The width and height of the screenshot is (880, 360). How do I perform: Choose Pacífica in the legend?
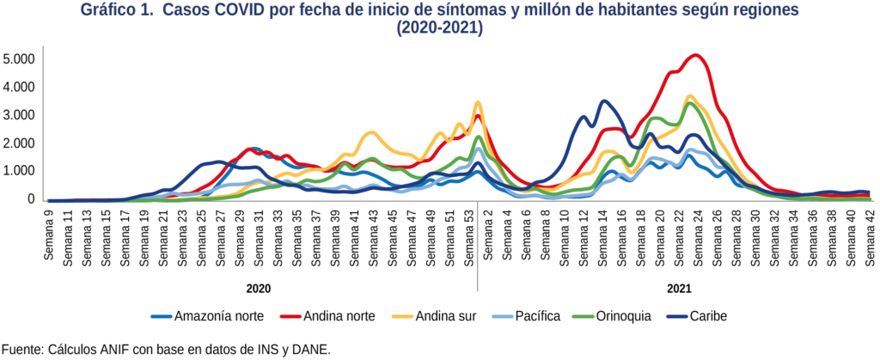click(536, 316)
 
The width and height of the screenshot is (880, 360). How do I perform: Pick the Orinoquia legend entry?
click(620, 316)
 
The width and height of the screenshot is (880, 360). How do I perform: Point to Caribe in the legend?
click(703, 316)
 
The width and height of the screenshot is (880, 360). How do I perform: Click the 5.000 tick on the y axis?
click(18, 59)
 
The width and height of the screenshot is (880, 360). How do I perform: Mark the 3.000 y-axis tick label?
click(18, 115)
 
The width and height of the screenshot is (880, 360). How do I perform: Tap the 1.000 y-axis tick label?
click(18, 172)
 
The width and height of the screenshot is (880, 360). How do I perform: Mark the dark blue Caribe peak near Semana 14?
click(604, 101)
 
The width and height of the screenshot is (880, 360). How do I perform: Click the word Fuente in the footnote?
click(22, 350)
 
